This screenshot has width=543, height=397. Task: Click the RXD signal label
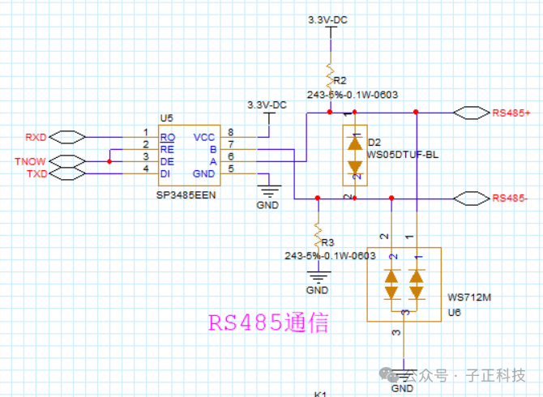click(36, 136)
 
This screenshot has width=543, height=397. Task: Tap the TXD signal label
click(36, 174)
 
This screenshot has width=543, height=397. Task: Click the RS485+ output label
click(511, 113)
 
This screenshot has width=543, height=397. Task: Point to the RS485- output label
click(511, 198)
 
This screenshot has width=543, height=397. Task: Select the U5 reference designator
click(166, 118)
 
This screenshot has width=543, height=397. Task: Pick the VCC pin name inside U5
click(204, 137)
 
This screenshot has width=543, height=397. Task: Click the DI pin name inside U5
click(166, 173)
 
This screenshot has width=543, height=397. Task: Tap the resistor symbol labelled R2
click(330, 71)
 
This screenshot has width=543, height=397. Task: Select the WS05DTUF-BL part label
click(403, 154)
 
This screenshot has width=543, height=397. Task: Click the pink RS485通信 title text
click(268, 324)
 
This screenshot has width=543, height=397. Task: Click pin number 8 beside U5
click(231, 132)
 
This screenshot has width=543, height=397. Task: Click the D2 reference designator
click(374, 142)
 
